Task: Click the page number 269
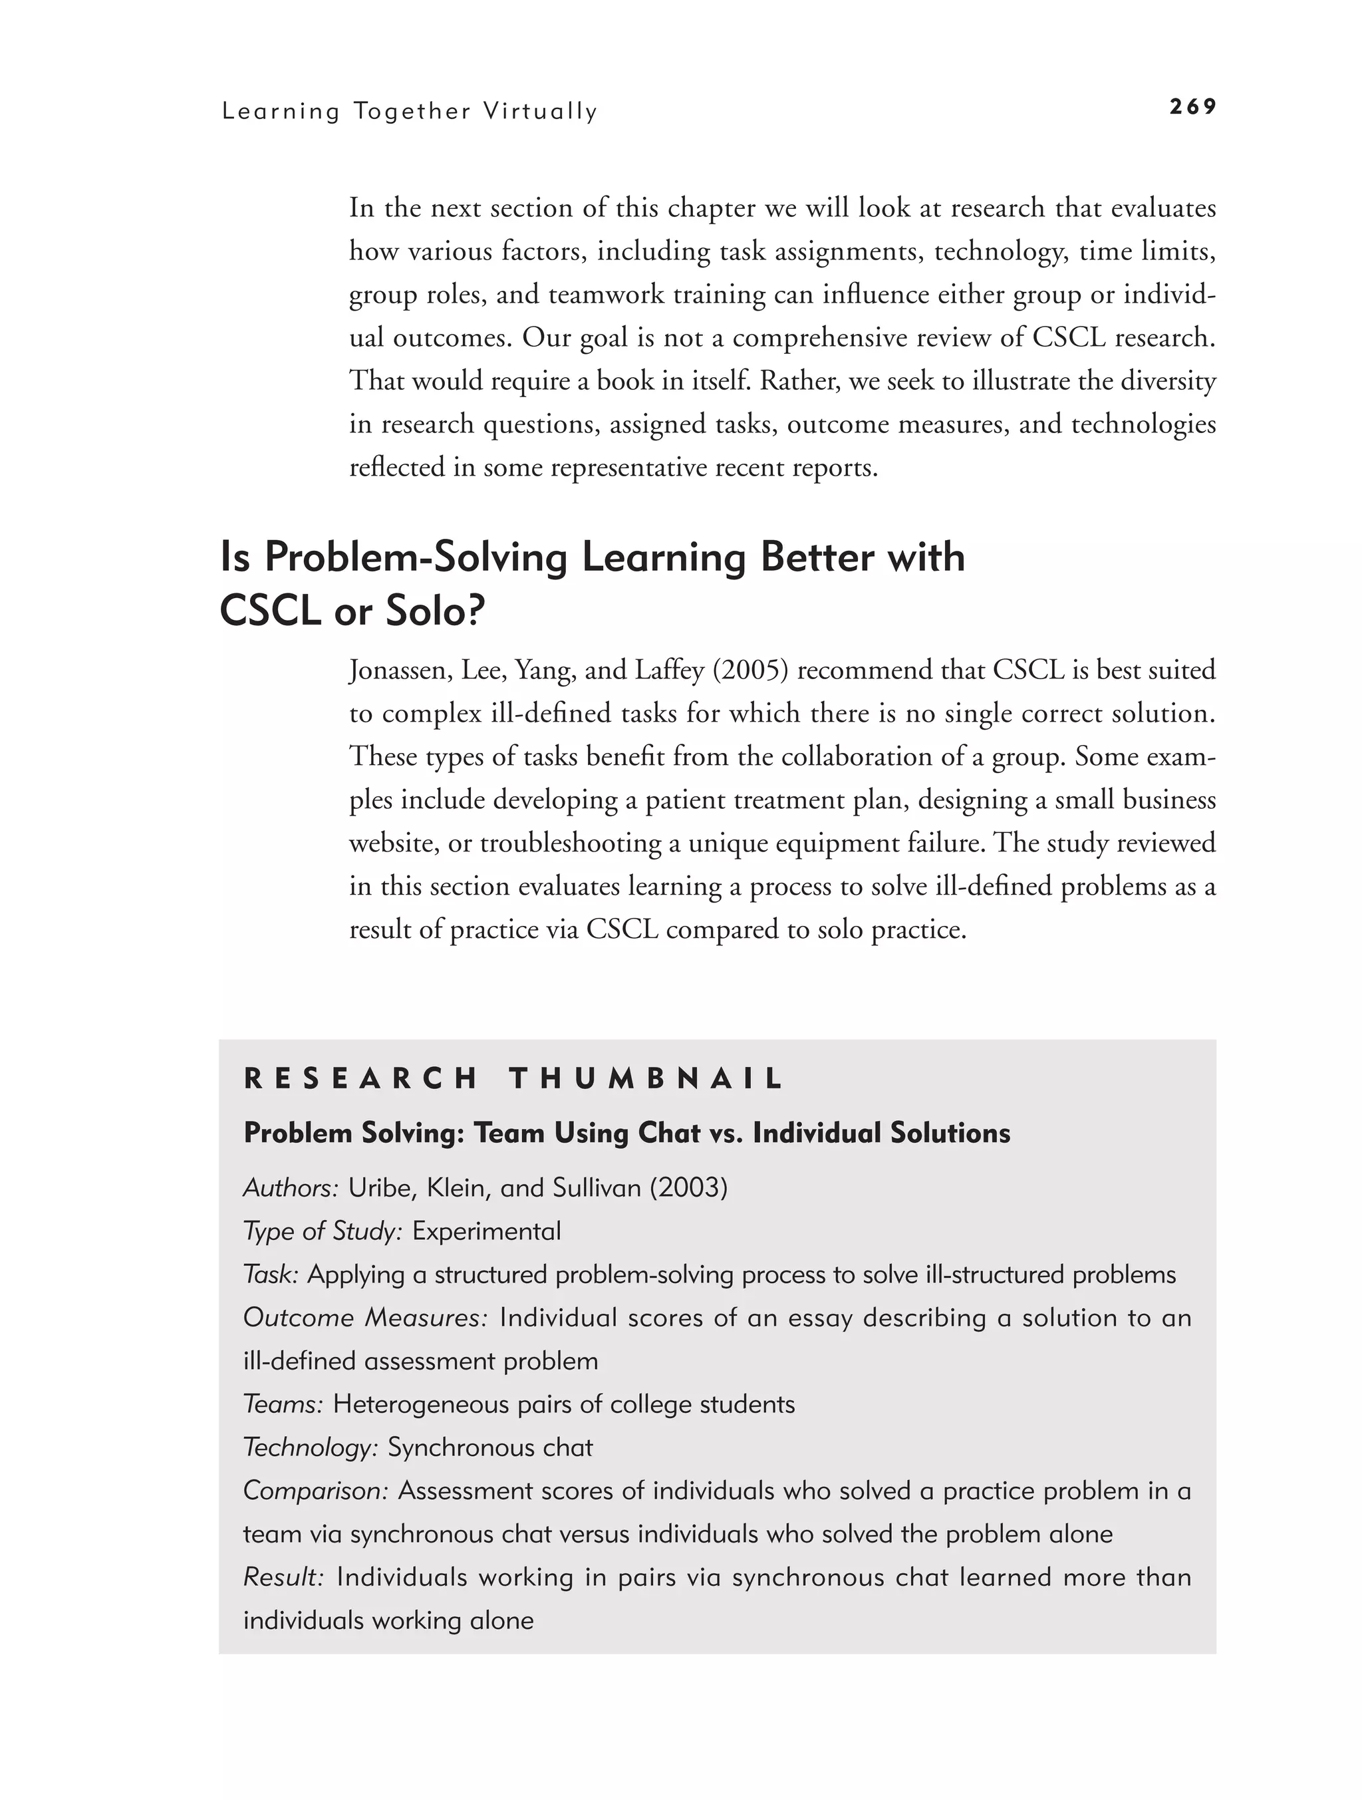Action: pyautogui.click(x=1192, y=106)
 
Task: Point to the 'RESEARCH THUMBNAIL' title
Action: pyautogui.click(x=513, y=1079)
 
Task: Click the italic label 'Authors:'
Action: pyautogui.click(x=291, y=1188)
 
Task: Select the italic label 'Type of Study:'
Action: pyautogui.click(x=322, y=1231)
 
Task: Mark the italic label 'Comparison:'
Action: pyautogui.click(x=316, y=1491)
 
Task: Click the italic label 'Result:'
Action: pyautogui.click(x=283, y=1577)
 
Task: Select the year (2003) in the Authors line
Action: pyautogui.click(x=688, y=1188)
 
